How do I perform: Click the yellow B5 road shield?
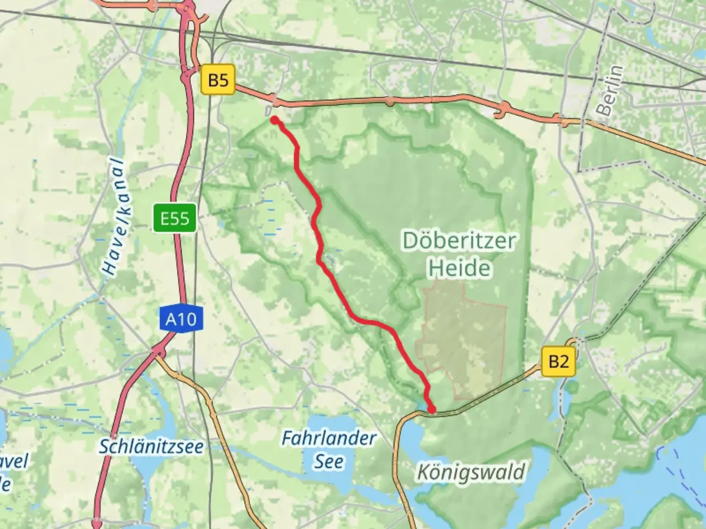pyautogui.click(x=218, y=79)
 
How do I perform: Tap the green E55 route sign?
pyautogui.click(x=175, y=218)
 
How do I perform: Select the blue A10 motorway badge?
pyautogui.click(x=180, y=319)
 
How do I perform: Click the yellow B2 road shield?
pyautogui.click(x=558, y=361)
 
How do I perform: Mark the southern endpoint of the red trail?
pyautogui.click(x=431, y=409)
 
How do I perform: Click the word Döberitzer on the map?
pyautogui.click(x=459, y=240)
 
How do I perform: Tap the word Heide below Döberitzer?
pyautogui.click(x=459, y=268)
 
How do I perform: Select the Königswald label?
pyautogui.click(x=471, y=472)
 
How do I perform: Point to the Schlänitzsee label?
pyautogui.click(x=151, y=446)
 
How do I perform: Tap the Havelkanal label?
pyautogui.click(x=115, y=216)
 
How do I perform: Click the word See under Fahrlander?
pyautogui.click(x=328, y=461)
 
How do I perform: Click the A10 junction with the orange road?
pyautogui.click(x=158, y=352)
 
